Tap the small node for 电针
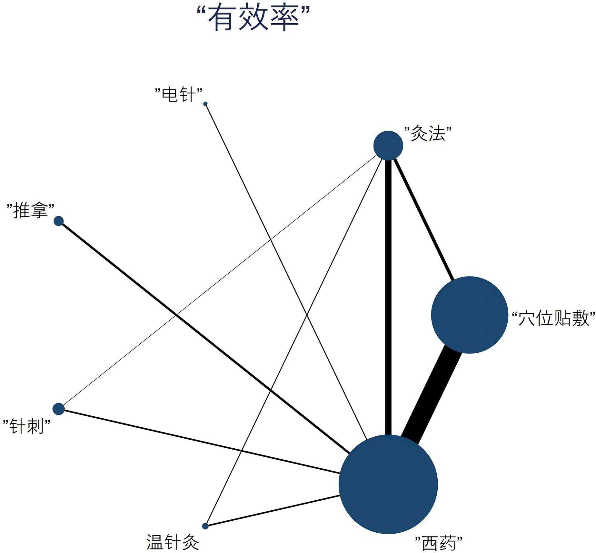[x=205, y=104]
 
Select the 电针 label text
[x=178, y=95]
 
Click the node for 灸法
[x=388, y=145]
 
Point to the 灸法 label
[x=428, y=133]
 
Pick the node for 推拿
[x=59, y=221]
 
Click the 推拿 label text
[x=30, y=211]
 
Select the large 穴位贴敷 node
[x=470, y=315]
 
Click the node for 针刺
[x=59, y=409]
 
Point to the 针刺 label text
[x=27, y=426]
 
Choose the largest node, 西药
[x=388, y=484]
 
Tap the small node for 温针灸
[x=205, y=526]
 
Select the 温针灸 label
[x=173, y=542]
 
